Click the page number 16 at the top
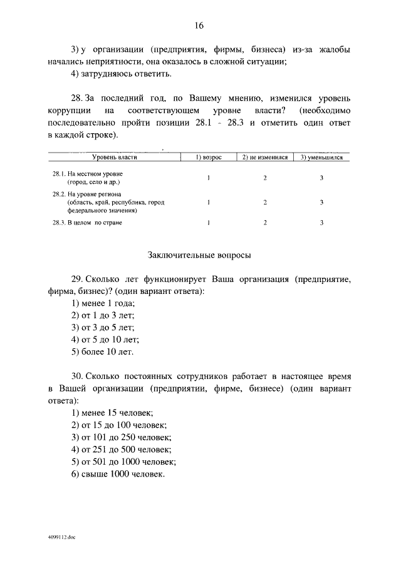[199, 26]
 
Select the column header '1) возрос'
[209, 158]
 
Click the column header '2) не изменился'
[264, 158]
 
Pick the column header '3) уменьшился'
[321, 158]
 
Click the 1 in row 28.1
[209, 178]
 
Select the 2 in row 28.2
[264, 202]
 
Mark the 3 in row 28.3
[321, 223]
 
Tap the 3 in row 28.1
[321, 178]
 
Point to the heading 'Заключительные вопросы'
[199, 255]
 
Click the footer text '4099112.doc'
[61, 537]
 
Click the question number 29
[77, 278]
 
